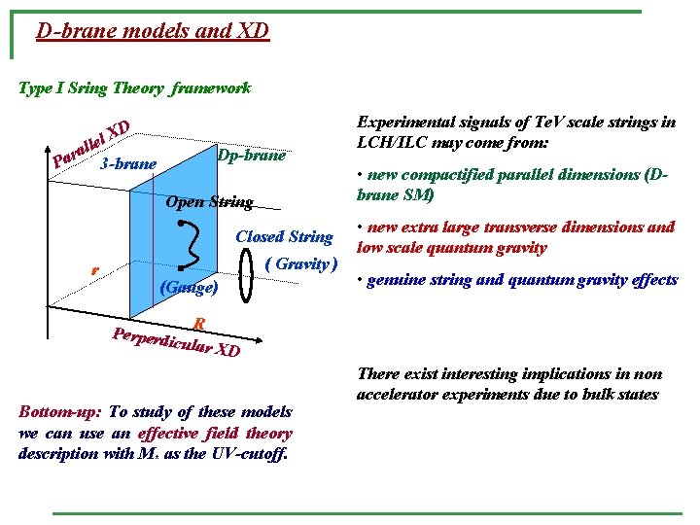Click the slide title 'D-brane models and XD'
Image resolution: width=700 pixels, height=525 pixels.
[152, 31]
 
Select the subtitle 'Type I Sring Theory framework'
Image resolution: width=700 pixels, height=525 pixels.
[135, 88]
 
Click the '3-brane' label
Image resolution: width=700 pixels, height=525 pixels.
[128, 163]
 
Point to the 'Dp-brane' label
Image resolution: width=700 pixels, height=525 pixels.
[252, 156]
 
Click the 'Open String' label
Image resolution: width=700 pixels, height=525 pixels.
[210, 202]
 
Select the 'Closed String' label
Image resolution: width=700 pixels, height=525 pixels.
[284, 236]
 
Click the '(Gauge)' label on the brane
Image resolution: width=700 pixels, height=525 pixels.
[188, 288]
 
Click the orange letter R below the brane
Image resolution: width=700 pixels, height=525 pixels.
[198, 324]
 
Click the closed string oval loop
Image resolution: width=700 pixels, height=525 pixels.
[250, 275]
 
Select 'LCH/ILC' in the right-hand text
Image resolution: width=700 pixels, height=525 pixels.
[388, 142]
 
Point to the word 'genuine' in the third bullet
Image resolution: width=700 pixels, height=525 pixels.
[394, 280]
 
